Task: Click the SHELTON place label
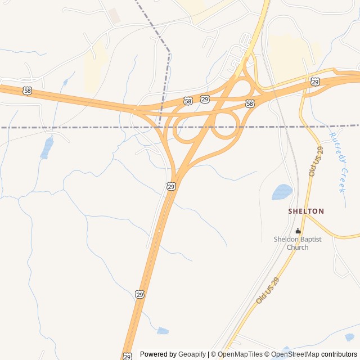coord(306,211)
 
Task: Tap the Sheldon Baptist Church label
coord(297,243)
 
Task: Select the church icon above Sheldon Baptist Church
coord(298,231)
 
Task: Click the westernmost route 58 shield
coord(28,90)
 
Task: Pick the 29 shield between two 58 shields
coord(205,99)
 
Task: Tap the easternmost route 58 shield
coord(250,103)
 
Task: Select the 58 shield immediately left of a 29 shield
coord(188,101)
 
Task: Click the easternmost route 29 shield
coord(315,82)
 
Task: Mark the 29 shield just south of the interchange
coord(171,186)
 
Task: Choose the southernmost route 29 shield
coord(128,356)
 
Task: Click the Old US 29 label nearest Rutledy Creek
coord(316,161)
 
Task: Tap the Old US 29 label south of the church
coord(267,291)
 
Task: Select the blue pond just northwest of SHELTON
coord(282,192)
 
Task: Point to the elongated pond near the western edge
coord(47,148)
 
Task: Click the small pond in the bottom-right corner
coord(350,337)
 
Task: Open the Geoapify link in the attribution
coord(192,354)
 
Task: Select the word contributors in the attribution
coord(340,354)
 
